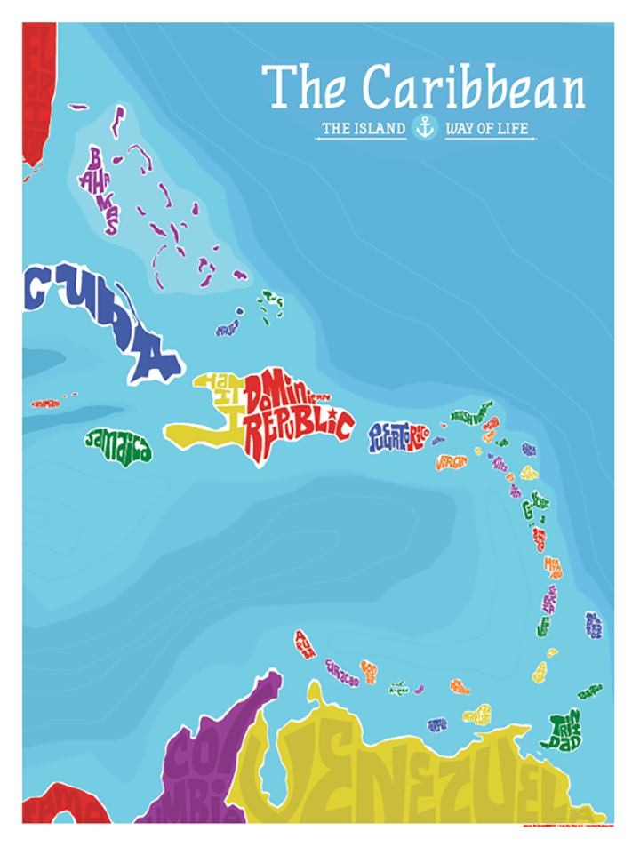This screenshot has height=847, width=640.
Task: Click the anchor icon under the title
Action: pyautogui.click(x=425, y=128)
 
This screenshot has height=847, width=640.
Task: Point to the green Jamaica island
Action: pyautogui.click(x=118, y=445)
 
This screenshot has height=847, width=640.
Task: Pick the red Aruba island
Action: pyautogui.click(x=305, y=644)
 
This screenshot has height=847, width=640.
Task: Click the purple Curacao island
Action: pyautogui.click(x=341, y=673)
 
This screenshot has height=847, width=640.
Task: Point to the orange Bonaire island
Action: pyautogui.click(x=368, y=671)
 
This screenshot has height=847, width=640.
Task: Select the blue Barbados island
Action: pyautogui.click(x=594, y=625)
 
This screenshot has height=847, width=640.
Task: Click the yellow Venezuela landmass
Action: pyautogui.click(x=400, y=773)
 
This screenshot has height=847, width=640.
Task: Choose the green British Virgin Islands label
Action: pyautogui.click(x=471, y=415)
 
